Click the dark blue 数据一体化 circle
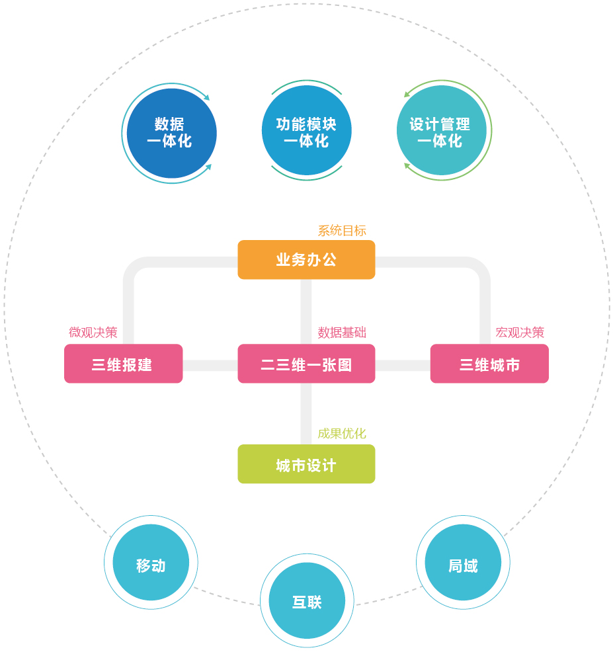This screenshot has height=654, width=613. click(171, 133)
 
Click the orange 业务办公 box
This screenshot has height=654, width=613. click(306, 259)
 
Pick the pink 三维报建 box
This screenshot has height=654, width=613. click(123, 364)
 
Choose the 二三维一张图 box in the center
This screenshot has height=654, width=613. click(306, 364)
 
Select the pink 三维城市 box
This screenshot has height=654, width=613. click(489, 364)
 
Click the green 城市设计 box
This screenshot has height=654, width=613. click(306, 464)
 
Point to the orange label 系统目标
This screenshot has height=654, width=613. click(342, 231)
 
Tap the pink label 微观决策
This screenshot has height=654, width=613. click(93, 332)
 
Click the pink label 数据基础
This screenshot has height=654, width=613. click(342, 332)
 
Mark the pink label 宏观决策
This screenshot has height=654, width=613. click(520, 332)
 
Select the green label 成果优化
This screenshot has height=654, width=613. click(342, 433)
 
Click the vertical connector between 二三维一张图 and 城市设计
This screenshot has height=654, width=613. click(306, 413)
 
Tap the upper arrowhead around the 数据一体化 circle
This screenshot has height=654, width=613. click(206, 98)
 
